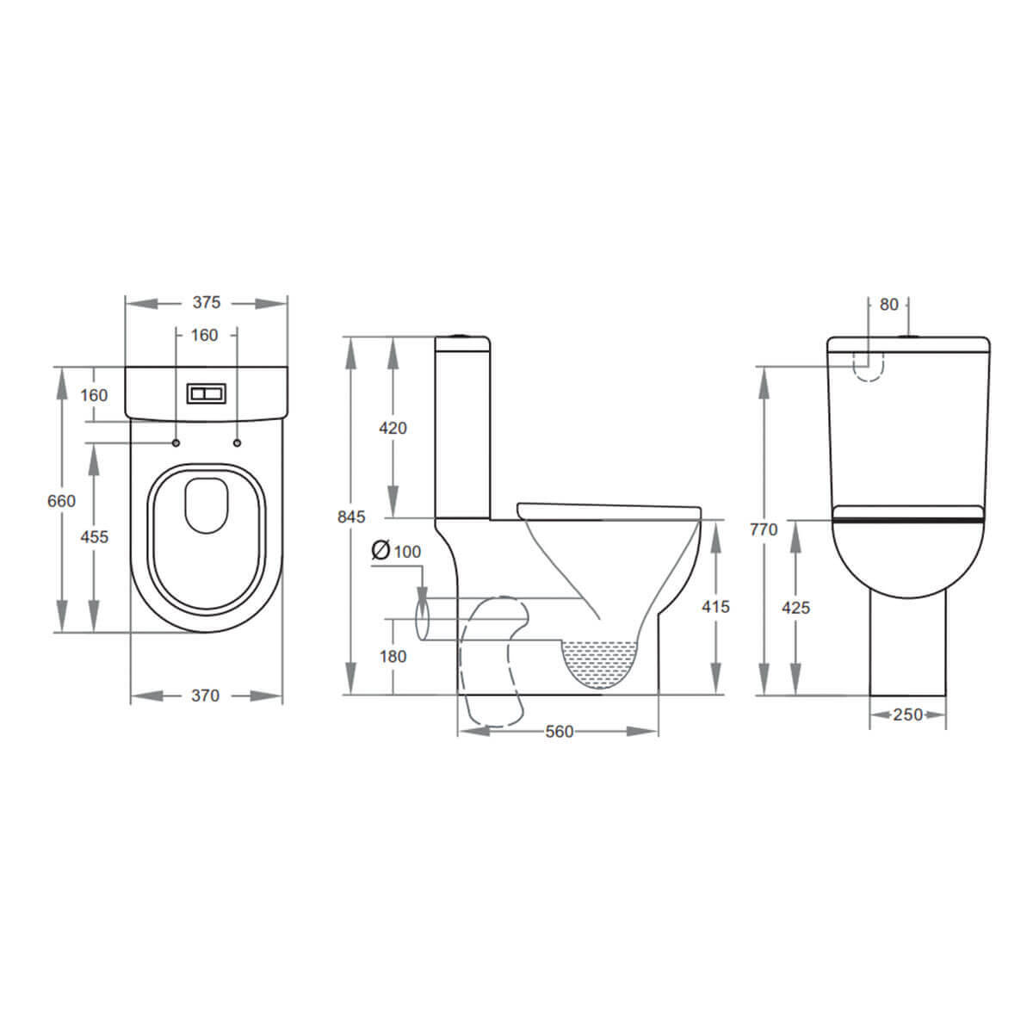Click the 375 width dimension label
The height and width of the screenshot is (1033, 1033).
(206, 302)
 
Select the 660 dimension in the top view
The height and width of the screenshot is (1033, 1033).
(61, 501)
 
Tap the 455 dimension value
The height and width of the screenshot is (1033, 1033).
(94, 536)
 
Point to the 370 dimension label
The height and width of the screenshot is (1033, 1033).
(205, 696)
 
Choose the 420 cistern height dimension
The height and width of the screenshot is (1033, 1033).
(393, 428)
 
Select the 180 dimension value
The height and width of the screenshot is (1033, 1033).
(393, 657)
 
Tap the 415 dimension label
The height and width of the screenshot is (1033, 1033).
(715, 607)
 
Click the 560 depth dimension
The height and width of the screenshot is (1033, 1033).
(559, 732)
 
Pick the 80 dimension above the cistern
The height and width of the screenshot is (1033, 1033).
(889, 305)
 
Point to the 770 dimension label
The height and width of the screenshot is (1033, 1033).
(764, 529)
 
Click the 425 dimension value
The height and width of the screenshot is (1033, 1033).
(796, 608)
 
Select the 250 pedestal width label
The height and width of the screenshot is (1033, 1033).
(907, 714)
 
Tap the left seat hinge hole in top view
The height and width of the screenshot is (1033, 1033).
(176, 443)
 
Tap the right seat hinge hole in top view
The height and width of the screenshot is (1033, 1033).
(236, 443)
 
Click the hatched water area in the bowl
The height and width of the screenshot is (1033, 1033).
(600, 663)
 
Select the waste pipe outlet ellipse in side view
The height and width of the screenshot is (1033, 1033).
(422, 620)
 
